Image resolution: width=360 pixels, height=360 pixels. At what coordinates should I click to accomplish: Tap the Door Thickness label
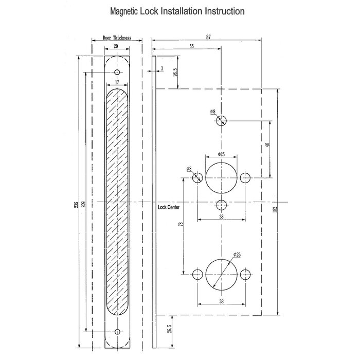[116, 38]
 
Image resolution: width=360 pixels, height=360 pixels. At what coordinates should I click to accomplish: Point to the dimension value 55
[192, 46]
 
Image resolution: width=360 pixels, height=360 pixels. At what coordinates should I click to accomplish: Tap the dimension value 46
[267, 146]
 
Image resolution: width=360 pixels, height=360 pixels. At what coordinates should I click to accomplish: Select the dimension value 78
[181, 225]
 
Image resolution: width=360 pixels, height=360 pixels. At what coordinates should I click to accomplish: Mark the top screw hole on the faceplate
[117, 71]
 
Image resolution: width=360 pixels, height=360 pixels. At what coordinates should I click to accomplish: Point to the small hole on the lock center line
[221, 205]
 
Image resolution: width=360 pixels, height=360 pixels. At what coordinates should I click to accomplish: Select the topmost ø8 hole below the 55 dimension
[221, 120]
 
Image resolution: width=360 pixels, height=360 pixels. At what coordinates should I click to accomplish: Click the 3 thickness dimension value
[162, 68]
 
